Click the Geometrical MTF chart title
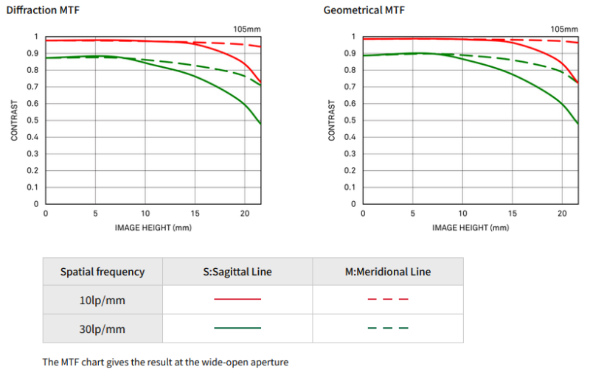tap(364, 10)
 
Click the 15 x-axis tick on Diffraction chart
tap(195, 213)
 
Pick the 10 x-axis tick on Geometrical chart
tap(462, 213)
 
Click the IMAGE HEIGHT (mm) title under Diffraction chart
tap(153, 228)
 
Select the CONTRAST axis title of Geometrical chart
tap(332, 120)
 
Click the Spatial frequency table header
tap(103, 272)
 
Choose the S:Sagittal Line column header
tap(237, 272)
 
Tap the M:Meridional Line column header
tap(388, 272)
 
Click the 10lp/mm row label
tap(102, 300)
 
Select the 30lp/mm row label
tap(102, 328)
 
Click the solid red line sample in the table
tap(237, 300)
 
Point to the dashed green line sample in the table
tap(388, 328)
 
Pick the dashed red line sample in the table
tap(388, 300)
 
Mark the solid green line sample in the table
tap(237, 328)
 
